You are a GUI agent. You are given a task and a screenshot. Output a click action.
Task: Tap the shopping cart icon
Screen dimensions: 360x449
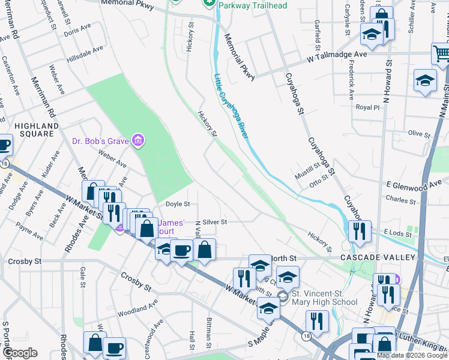point(441,55)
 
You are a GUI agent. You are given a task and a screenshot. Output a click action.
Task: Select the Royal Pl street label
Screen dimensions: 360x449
point(368,107)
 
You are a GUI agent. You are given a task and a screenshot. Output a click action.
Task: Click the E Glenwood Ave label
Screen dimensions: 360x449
point(417,186)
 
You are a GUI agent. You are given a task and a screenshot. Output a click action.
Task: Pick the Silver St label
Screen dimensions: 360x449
point(214,221)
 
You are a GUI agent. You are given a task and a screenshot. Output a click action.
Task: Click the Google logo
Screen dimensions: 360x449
point(20,353)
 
